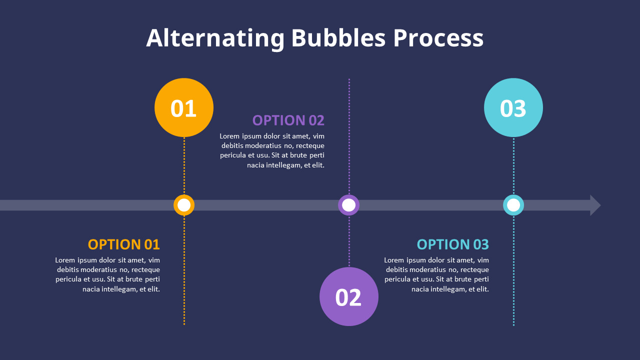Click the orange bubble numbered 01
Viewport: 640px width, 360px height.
pyautogui.click(x=184, y=107)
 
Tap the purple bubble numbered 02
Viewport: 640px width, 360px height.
pyautogui.click(x=349, y=296)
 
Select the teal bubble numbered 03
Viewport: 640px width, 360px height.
pyautogui.click(x=513, y=107)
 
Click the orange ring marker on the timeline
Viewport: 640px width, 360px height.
pyautogui.click(x=184, y=205)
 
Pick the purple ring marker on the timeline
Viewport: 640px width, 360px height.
pyautogui.click(x=349, y=205)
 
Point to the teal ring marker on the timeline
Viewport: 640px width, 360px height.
pyautogui.click(x=513, y=205)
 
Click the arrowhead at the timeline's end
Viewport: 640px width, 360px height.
pyautogui.click(x=595, y=205)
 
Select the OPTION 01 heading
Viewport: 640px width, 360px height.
pyautogui.click(x=124, y=244)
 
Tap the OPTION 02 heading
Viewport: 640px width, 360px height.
pyautogui.click(x=288, y=120)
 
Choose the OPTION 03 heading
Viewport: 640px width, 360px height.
pyautogui.click(x=453, y=244)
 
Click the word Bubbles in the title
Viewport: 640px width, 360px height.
pyautogui.click(x=338, y=38)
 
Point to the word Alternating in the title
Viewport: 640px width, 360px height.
pyautogui.click(x=215, y=38)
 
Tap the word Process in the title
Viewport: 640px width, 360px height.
pyautogui.click(x=438, y=38)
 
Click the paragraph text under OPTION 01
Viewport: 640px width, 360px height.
pyautogui.click(x=108, y=274)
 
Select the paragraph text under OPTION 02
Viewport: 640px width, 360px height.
pyautogui.click(x=272, y=150)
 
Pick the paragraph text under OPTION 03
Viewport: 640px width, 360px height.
pyautogui.click(x=437, y=274)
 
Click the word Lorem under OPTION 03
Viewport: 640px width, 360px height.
pyautogui.click(x=394, y=260)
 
